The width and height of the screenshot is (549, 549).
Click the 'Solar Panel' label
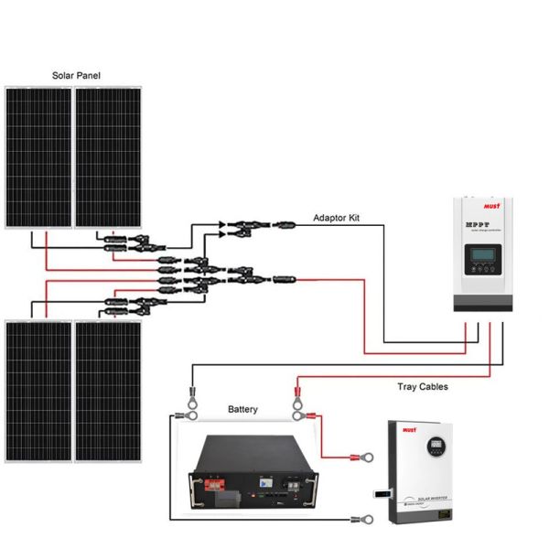(76, 73)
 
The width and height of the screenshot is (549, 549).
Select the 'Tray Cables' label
(422, 387)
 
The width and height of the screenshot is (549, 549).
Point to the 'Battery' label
(242, 409)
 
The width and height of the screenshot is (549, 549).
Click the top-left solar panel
(38, 156)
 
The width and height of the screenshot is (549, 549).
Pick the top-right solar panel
(107, 156)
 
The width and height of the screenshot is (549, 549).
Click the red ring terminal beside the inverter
(370, 454)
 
